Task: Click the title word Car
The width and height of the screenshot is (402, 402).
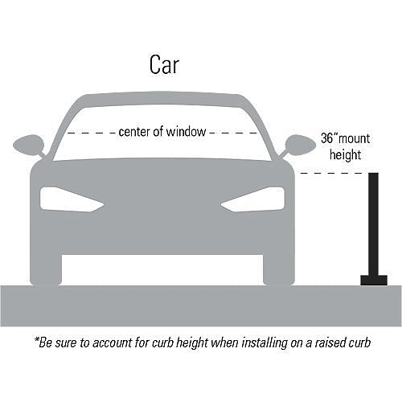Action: click(x=164, y=64)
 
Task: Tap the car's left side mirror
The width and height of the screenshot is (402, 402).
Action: click(x=30, y=146)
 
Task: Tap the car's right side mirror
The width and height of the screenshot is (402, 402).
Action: click(x=299, y=146)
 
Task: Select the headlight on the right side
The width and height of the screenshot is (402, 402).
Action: click(x=252, y=199)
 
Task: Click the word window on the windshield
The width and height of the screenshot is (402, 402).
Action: click(x=186, y=132)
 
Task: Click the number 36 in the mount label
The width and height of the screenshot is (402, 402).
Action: click(x=327, y=138)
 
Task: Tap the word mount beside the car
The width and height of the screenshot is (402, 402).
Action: click(x=355, y=139)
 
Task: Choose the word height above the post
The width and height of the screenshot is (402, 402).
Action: click(x=345, y=155)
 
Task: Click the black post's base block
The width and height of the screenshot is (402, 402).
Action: click(x=374, y=281)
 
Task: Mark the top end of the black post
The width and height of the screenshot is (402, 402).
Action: click(x=374, y=173)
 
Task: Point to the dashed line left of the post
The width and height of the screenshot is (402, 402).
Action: click(x=332, y=173)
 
